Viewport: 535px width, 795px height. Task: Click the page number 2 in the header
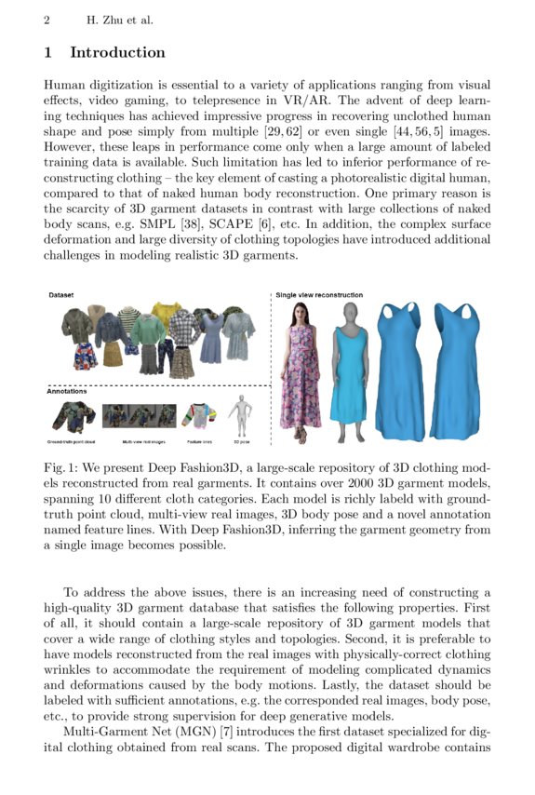(47, 20)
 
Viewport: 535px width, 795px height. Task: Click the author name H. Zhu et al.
(119, 20)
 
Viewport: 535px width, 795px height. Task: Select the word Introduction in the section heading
(117, 53)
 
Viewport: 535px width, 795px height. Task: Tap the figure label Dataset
(61, 294)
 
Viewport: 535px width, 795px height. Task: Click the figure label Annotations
(67, 391)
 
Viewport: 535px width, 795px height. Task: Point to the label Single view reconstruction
(319, 295)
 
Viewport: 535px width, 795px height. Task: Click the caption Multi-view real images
(140, 440)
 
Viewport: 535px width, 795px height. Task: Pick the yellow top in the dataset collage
(167, 315)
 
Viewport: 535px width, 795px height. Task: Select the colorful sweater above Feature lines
(198, 415)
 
